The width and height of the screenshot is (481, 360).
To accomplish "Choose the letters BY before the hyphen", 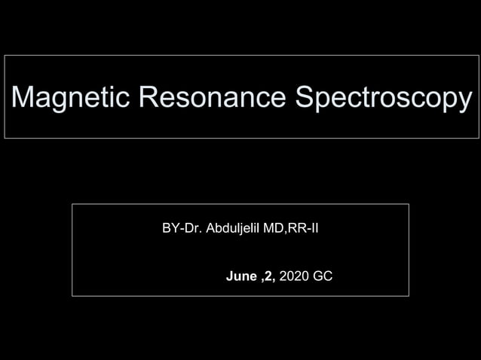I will pyautogui.click(x=171, y=227).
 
